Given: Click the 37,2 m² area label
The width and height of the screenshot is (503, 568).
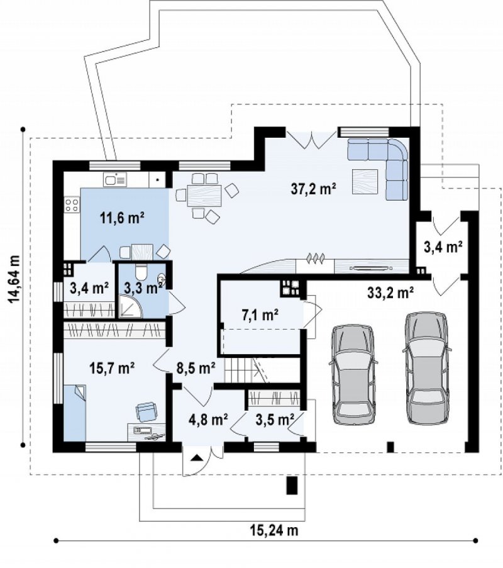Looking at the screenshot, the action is [314, 189].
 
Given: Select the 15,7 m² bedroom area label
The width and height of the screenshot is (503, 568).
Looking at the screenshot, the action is [112, 368].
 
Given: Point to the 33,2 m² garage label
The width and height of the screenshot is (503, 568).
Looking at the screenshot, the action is [390, 292].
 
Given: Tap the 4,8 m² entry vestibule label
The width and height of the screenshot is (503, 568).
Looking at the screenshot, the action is [208, 420].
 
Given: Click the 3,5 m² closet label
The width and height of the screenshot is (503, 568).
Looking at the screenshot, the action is [275, 420].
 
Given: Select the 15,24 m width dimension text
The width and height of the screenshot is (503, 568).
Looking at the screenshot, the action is [274, 530].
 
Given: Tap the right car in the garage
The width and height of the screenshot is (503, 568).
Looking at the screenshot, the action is [426, 367].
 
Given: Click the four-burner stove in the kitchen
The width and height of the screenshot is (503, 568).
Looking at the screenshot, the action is [72, 204].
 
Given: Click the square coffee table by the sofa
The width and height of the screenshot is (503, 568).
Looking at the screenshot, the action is [366, 181].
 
